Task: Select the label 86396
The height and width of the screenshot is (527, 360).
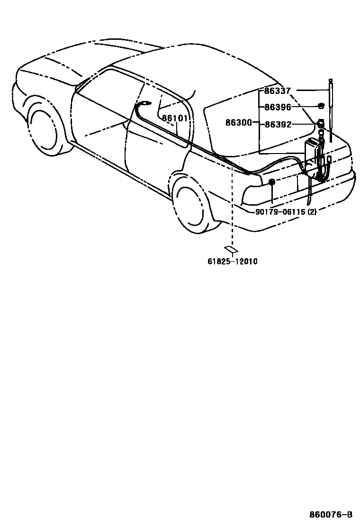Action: tap(278, 107)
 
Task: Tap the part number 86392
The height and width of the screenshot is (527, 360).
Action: tap(278, 124)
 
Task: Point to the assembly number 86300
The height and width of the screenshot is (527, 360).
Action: tap(238, 122)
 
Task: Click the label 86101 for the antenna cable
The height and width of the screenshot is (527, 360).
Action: tap(175, 118)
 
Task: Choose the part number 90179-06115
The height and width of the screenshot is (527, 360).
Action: tap(280, 212)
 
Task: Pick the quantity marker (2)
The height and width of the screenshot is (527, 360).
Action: tap(312, 212)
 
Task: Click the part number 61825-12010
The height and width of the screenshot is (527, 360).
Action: tap(232, 261)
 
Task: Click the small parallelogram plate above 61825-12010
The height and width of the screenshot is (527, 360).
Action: tap(231, 249)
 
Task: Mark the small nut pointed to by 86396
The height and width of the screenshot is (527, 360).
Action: tap(321, 106)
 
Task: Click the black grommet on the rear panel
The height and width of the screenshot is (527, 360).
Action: tap(272, 182)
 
